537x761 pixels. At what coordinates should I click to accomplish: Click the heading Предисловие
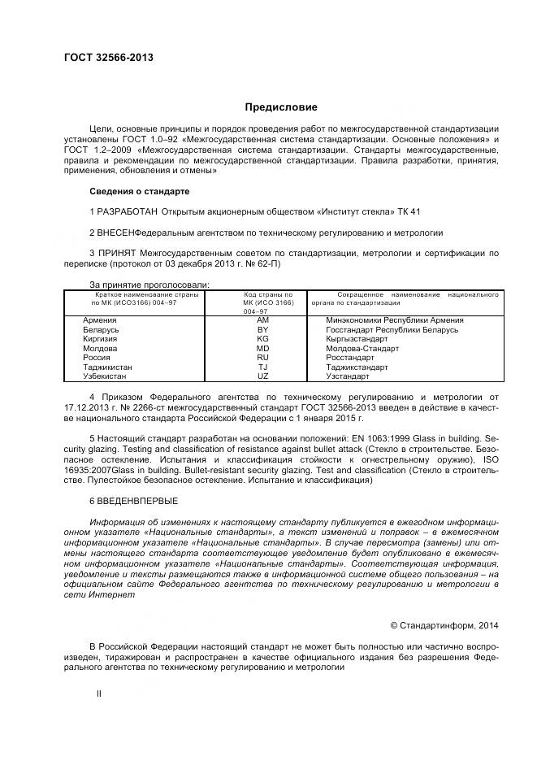click(x=282, y=107)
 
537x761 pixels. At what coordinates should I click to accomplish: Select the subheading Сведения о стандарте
click(x=139, y=191)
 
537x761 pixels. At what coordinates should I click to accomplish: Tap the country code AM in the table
click(x=262, y=320)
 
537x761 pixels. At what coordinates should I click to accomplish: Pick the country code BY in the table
click(x=262, y=330)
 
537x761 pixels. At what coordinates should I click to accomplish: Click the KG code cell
click(x=262, y=339)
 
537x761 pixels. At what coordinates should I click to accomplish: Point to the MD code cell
click(x=262, y=348)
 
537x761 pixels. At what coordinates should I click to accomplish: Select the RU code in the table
click(x=262, y=358)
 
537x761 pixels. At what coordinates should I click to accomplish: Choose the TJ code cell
click(x=262, y=367)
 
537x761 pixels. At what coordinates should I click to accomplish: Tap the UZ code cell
click(x=262, y=376)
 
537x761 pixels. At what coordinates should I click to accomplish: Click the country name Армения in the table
click(x=100, y=320)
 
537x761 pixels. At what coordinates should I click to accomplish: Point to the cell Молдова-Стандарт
click(x=362, y=348)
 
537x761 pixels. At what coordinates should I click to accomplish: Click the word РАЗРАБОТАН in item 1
click(x=128, y=211)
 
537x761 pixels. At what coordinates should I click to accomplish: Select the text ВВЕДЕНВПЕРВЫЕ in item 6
click(x=137, y=500)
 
